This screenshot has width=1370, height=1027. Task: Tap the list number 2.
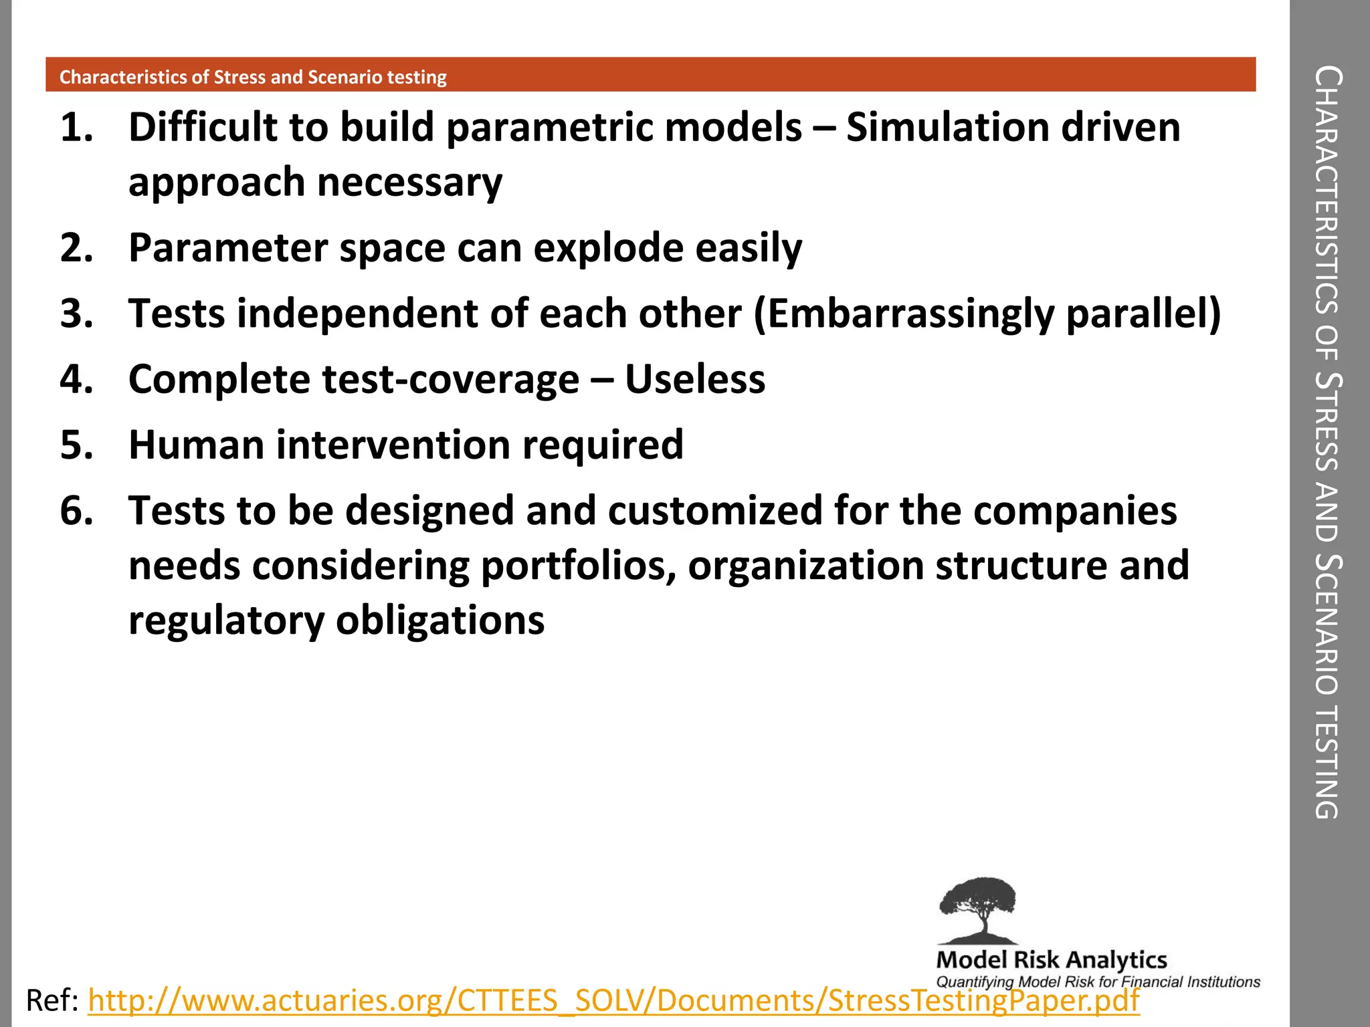click(x=76, y=248)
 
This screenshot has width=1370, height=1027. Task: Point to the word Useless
click(x=695, y=379)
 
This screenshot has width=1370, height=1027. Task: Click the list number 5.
click(x=76, y=445)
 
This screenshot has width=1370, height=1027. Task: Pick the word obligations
click(x=440, y=620)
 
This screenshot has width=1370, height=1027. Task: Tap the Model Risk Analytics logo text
click(x=1052, y=960)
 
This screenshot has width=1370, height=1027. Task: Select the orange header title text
click(x=253, y=77)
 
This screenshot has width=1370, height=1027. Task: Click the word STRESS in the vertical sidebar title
click(x=1327, y=422)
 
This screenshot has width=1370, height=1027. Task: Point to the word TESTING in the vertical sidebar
click(x=1327, y=762)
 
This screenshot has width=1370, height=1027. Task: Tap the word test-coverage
click(x=450, y=379)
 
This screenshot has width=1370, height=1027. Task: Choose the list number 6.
click(x=76, y=510)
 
